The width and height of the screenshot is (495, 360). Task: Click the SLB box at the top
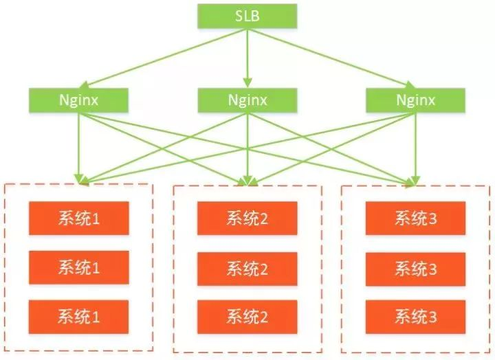247,16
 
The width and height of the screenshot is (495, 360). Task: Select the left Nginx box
79,100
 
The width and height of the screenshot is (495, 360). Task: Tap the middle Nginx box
247,100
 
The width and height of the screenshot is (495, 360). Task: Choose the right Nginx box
416,100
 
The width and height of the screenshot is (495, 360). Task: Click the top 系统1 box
79,218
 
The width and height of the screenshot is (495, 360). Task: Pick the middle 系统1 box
79,267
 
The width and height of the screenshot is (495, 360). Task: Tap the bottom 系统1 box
79,317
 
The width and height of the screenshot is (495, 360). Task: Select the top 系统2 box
247,218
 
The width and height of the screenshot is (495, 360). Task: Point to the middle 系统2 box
247,267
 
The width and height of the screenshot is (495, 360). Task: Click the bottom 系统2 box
247,317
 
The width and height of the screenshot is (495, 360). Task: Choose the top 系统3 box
416,218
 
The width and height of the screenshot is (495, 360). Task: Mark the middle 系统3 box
416,267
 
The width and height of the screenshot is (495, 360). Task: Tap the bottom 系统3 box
416,317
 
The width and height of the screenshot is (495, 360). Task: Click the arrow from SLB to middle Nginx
247,58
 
